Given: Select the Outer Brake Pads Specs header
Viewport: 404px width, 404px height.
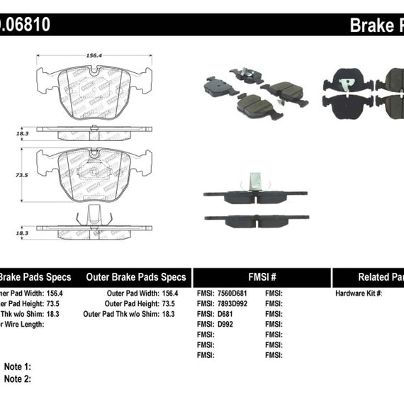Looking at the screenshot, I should click(136, 277).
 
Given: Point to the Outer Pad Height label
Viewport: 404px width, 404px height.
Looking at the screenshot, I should click(129, 303).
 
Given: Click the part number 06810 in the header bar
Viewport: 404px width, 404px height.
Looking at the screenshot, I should click(28, 26).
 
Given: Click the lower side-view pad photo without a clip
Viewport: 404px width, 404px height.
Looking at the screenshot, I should click(254, 219).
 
